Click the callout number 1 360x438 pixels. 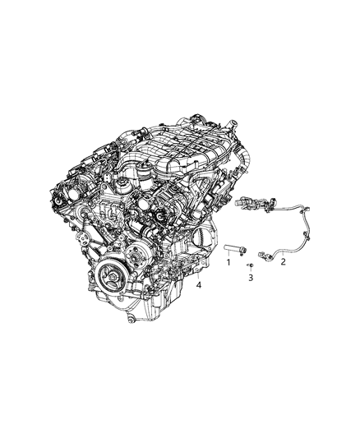(x=229, y=262)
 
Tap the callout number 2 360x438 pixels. (x=284, y=262)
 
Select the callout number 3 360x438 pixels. (x=252, y=279)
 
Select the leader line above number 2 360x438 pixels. (x=281, y=251)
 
